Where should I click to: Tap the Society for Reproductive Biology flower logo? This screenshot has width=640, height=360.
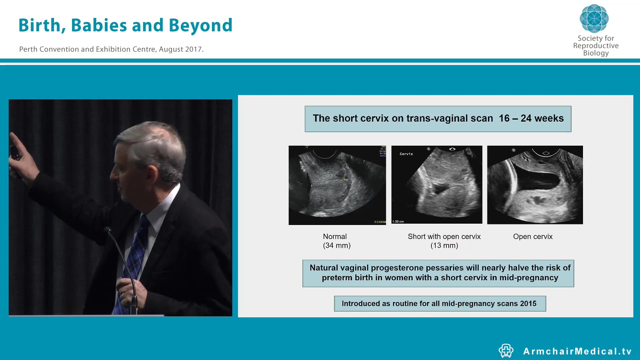click(594, 19)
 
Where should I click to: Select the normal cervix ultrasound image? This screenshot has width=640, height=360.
click(337, 185)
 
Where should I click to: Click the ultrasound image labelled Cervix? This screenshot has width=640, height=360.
click(437, 184)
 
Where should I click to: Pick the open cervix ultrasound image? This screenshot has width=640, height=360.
click(535, 185)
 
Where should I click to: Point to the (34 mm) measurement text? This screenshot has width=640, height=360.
click(337, 246)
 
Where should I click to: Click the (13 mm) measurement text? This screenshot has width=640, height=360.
click(444, 246)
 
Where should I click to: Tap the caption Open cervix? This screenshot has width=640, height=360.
click(533, 237)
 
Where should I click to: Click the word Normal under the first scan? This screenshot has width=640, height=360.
click(335, 237)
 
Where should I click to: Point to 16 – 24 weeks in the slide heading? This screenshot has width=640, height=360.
click(531, 118)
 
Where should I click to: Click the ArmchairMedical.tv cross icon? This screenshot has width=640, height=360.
click(506, 351)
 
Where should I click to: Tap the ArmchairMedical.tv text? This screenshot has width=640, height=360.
click(577, 351)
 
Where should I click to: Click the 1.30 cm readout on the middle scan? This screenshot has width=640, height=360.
click(398, 222)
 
